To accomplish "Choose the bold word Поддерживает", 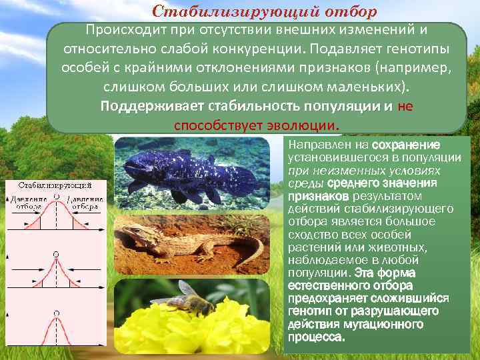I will (152, 107).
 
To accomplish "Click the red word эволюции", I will (306, 125).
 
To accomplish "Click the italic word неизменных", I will (341, 170).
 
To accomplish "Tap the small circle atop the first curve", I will (56, 197).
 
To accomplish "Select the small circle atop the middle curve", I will (56, 255).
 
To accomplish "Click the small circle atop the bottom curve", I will (56, 312).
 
